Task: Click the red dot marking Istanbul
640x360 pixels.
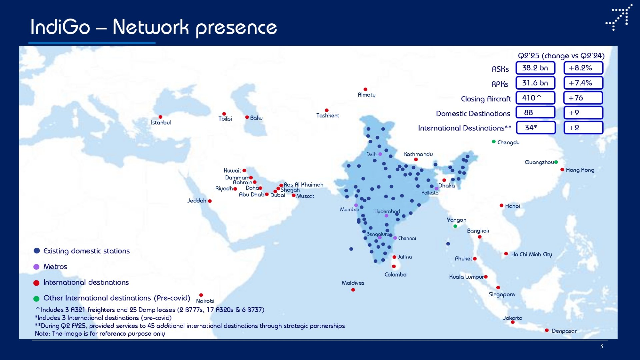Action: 160,117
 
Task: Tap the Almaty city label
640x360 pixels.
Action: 366,95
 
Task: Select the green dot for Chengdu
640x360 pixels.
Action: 494,142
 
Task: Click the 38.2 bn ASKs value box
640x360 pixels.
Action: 535,68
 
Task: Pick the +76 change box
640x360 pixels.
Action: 583,98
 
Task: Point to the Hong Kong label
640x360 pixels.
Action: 580,170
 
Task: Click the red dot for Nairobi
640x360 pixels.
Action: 201,295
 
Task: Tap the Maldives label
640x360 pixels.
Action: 353,283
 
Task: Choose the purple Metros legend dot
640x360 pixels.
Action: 36,267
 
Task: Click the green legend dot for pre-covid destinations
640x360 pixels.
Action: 36,298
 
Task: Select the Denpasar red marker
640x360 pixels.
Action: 547,330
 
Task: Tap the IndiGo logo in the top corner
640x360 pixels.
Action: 619,17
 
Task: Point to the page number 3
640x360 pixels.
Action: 601,346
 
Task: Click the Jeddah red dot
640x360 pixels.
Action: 210,201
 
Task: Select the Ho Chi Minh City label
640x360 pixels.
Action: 532,254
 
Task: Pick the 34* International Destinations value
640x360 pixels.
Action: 536,128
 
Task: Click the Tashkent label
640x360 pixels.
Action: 328,116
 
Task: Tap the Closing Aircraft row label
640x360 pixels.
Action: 486,99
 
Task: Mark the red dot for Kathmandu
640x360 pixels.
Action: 416,159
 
